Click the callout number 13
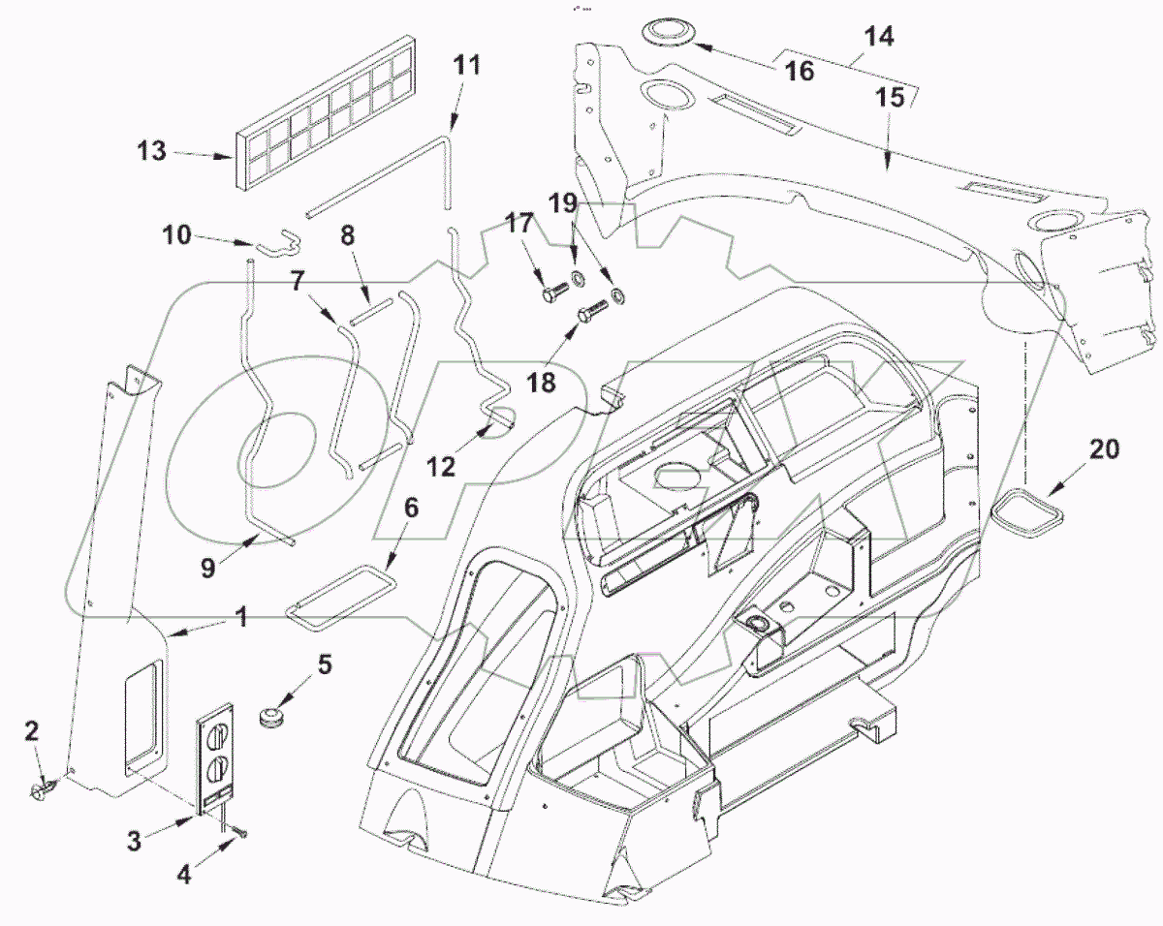tap(151, 152)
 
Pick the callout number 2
tap(33, 731)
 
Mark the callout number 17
tap(520, 225)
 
